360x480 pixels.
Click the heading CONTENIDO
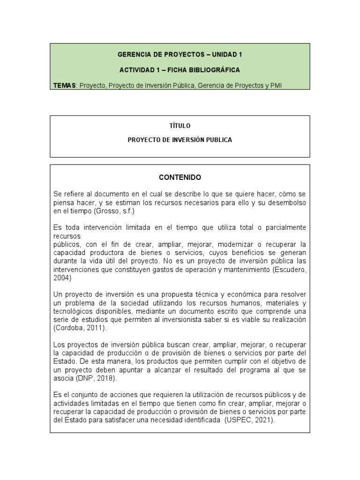click(x=180, y=178)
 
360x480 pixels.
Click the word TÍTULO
click(x=180, y=126)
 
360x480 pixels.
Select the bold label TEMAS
click(x=64, y=85)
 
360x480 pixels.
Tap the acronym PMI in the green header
click(x=276, y=85)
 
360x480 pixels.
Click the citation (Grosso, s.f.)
click(x=114, y=211)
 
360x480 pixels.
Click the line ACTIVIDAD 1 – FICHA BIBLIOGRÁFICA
click(x=180, y=70)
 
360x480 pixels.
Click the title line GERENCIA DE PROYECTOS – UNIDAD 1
click(x=180, y=54)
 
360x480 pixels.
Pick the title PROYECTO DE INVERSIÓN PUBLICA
click(x=180, y=140)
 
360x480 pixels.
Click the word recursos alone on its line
click(x=67, y=236)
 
